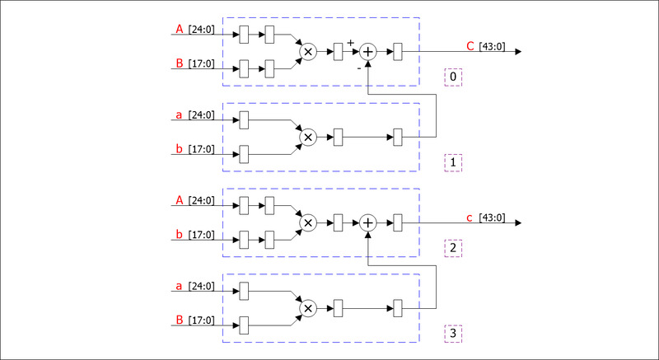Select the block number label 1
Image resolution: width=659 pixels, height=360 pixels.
(x=453, y=162)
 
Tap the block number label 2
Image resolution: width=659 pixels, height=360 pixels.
(x=453, y=248)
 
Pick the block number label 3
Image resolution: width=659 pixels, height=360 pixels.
(x=453, y=334)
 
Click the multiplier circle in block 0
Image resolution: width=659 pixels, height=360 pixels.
(x=308, y=51)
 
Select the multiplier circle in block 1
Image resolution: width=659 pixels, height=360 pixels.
(x=308, y=137)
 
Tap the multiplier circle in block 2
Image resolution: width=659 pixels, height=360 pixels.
(x=308, y=222)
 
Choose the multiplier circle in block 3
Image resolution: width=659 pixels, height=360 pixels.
(x=308, y=308)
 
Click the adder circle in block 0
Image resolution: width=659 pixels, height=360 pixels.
(x=368, y=51)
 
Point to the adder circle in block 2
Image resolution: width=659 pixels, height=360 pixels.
(x=368, y=222)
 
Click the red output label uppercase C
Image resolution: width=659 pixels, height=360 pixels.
(x=470, y=47)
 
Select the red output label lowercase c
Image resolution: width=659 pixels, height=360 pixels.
(x=470, y=218)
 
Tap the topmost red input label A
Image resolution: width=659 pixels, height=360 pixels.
(x=180, y=30)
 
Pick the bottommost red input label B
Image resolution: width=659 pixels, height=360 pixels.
(x=180, y=320)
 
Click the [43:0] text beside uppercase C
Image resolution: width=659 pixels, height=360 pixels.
(x=492, y=47)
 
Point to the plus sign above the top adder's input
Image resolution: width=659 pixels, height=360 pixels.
(x=350, y=42)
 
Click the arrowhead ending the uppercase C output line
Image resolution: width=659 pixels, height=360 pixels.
(x=517, y=51)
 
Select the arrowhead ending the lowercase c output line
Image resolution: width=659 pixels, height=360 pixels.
(x=517, y=222)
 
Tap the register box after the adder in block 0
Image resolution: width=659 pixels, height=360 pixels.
(x=398, y=51)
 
